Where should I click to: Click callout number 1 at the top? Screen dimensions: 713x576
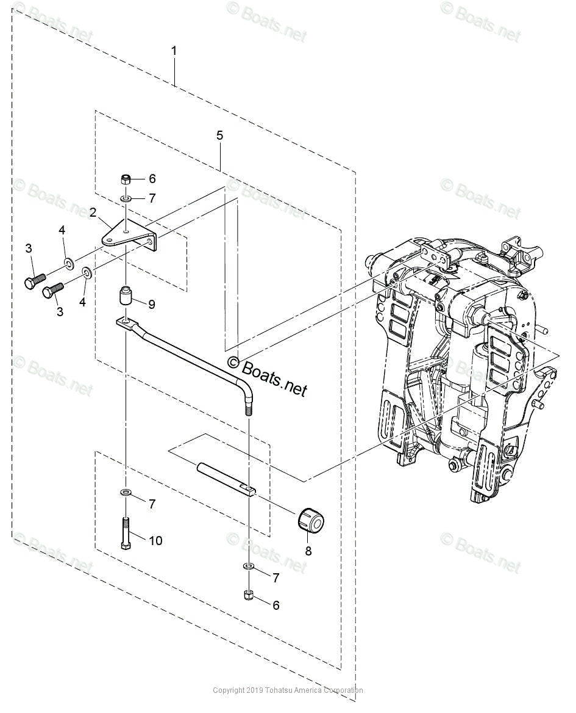174,51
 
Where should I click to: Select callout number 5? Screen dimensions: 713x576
219,136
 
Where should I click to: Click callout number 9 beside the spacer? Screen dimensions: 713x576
151,304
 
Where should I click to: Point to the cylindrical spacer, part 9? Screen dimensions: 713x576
126,298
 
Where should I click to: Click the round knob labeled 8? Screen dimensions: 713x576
310,519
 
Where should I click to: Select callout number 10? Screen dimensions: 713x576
156,541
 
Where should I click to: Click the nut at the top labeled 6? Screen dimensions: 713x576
125,179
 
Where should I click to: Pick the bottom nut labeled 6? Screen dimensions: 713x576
249,595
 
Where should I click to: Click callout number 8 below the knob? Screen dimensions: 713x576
308,551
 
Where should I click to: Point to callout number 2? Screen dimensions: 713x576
93,212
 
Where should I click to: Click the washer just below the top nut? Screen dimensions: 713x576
125,199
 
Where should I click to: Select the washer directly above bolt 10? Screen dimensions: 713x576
125,492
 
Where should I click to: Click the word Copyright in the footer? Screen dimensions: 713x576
229,690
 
